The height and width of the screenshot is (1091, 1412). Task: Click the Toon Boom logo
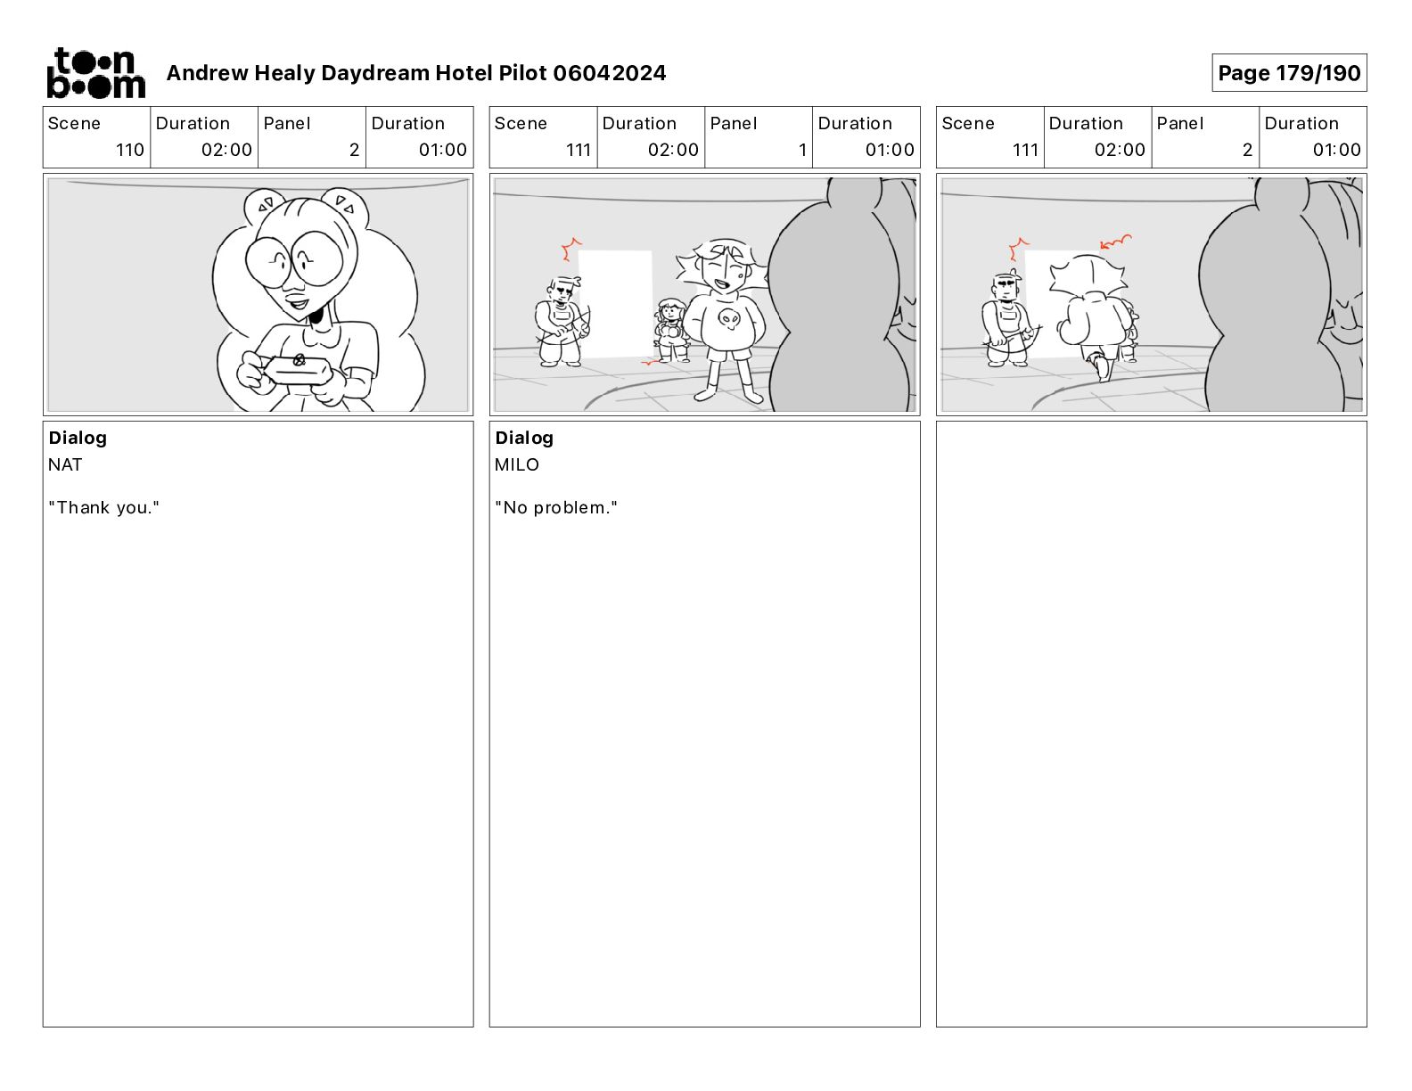[95, 73]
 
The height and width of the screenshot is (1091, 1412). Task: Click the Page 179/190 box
[1289, 73]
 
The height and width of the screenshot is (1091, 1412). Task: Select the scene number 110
[130, 150]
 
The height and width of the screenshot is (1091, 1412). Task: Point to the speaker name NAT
[65, 464]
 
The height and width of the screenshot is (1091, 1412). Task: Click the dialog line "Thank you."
[103, 507]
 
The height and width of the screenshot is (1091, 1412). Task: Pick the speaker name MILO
[517, 464]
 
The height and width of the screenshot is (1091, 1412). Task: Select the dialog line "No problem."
[555, 507]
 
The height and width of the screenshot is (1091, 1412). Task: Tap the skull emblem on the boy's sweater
[728, 318]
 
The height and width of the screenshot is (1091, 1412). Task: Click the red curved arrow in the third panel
[1115, 242]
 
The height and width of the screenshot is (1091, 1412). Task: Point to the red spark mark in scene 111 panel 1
[571, 249]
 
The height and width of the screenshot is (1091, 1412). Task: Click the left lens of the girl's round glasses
[267, 262]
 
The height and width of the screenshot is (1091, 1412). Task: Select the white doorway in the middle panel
[615, 303]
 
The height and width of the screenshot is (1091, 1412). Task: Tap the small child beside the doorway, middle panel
[671, 330]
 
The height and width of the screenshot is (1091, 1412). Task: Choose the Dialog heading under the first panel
[78, 438]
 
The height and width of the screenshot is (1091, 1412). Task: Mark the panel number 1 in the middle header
[802, 150]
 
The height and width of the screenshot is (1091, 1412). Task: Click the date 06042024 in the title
[609, 73]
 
